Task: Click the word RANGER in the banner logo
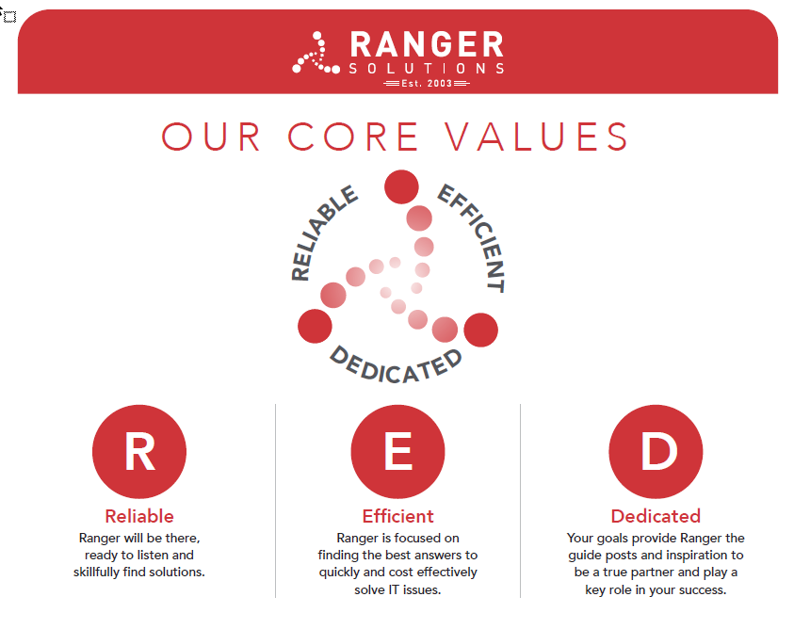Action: [x=427, y=44]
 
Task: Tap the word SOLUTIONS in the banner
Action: [x=427, y=69]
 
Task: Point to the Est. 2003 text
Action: [x=427, y=83]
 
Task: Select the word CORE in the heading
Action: [x=353, y=137]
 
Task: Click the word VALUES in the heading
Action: [x=536, y=137]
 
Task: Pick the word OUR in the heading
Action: [x=211, y=137]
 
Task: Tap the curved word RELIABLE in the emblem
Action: [x=320, y=232]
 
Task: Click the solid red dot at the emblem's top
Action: [x=401, y=186]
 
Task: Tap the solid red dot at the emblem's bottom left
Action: [x=315, y=326]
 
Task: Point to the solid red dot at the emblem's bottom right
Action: [x=481, y=330]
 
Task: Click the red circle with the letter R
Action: [x=139, y=451]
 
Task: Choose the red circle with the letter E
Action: [x=398, y=451]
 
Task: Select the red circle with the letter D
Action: [x=656, y=451]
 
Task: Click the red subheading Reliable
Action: [x=139, y=516]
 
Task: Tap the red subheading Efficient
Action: [x=398, y=516]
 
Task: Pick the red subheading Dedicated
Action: [x=656, y=516]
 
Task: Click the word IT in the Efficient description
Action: [x=393, y=589]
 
